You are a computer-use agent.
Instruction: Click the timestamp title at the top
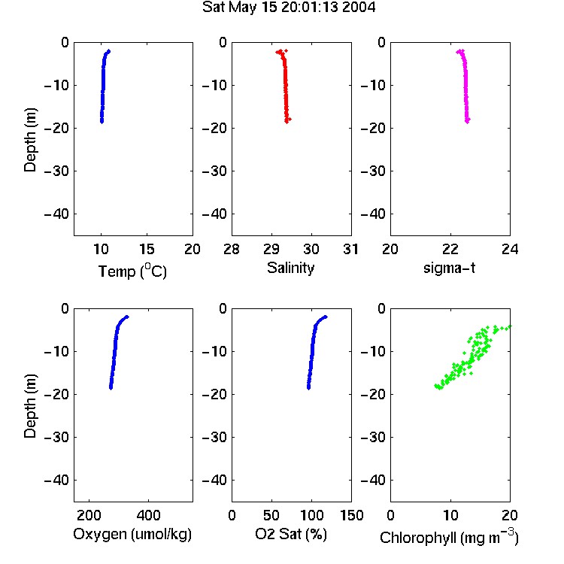(289, 7)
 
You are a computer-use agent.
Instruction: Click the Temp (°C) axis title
(132, 271)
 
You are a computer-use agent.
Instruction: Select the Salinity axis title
(290, 268)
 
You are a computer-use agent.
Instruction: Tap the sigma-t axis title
(449, 268)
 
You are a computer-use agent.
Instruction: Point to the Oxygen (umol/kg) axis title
(132, 534)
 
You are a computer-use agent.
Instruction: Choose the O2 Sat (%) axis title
(290, 534)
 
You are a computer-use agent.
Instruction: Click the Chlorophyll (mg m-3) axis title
(449, 537)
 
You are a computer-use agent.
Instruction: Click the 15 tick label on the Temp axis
(147, 249)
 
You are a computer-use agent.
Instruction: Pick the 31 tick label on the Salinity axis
(350, 249)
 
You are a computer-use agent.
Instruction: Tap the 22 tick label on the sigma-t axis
(450, 249)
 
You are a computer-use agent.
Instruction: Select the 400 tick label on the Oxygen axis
(148, 515)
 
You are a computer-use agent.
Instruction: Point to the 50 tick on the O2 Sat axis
(271, 515)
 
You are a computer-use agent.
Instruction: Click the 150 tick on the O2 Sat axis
(351, 515)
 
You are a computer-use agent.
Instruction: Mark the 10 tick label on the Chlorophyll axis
(450, 515)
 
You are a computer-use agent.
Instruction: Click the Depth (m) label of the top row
(30, 140)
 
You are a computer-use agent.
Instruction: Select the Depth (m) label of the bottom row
(30, 406)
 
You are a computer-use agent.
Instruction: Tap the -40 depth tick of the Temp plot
(56, 214)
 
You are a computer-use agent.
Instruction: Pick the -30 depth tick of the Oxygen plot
(56, 437)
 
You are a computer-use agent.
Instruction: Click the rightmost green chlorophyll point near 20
(509, 326)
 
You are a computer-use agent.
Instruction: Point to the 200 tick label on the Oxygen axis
(89, 515)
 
